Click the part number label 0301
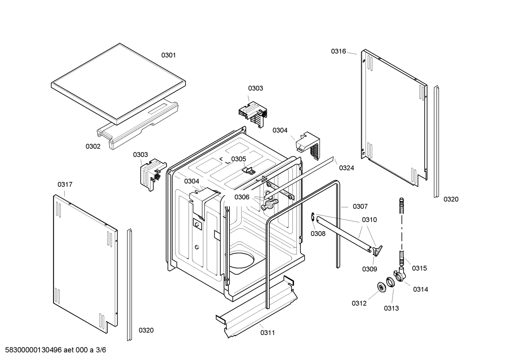tap(168, 55)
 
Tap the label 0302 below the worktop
tap(93, 146)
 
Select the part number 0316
tap(338, 51)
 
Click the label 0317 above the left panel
tap(65, 184)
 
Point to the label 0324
tap(346, 168)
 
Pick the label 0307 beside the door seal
tap(360, 206)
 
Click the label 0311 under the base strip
tap(268, 332)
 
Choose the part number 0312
tap(359, 303)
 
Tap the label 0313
tap(391, 308)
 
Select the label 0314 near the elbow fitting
tap(420, 289)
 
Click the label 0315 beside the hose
tap(419, 268)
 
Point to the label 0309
tap(369, 269)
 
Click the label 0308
tap(318, 234)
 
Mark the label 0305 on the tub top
tap(239, 159)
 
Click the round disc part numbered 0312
tap(381, 288)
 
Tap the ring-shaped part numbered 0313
tap(390, 282)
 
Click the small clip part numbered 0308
tap(313, 218)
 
